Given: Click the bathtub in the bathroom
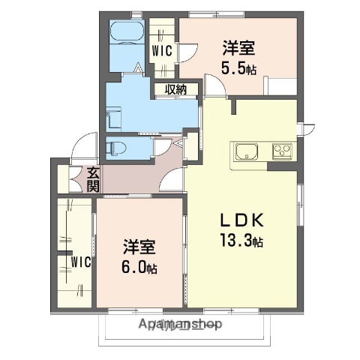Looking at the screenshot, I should pos(127,34).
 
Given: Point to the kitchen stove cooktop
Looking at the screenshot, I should pos(283,151).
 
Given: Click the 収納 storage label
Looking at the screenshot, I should pos(176,90).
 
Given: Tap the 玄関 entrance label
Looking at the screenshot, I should pos(92,179).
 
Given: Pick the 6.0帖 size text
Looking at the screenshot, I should pos(140,267).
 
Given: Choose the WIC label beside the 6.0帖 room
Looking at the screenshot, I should pos(81,262).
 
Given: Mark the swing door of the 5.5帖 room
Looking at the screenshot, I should pos(215,88).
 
